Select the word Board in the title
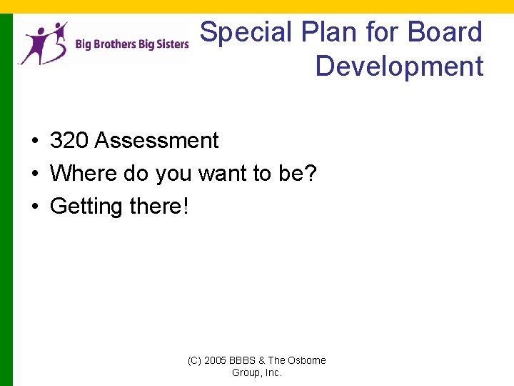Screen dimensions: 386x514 (445, 32)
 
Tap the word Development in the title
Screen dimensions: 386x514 (399, 66)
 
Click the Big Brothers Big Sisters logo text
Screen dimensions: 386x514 (132, 44)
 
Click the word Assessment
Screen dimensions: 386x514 (156, 141)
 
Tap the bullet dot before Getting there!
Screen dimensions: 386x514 (34, 207)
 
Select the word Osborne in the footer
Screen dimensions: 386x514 (307, 360)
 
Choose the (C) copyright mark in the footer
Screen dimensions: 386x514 (194, 360)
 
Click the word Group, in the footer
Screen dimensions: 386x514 (246, 372)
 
